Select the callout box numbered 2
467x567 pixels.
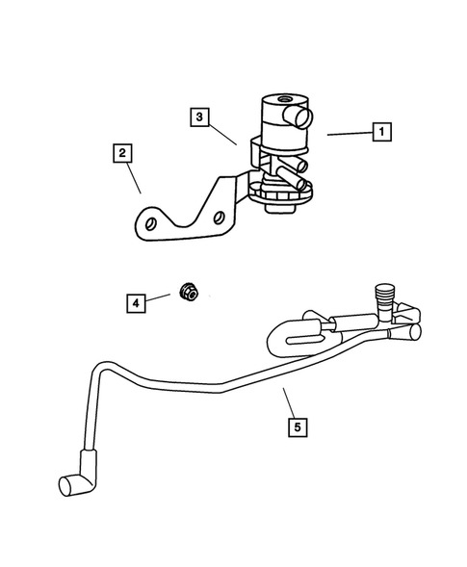[122, 151]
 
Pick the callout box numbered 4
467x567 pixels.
[136, 303]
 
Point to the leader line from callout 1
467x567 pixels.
[347, 134]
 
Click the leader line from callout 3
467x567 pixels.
[223, 132]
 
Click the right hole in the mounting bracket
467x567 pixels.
[221, 219]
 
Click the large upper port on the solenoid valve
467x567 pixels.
[302, 118]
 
